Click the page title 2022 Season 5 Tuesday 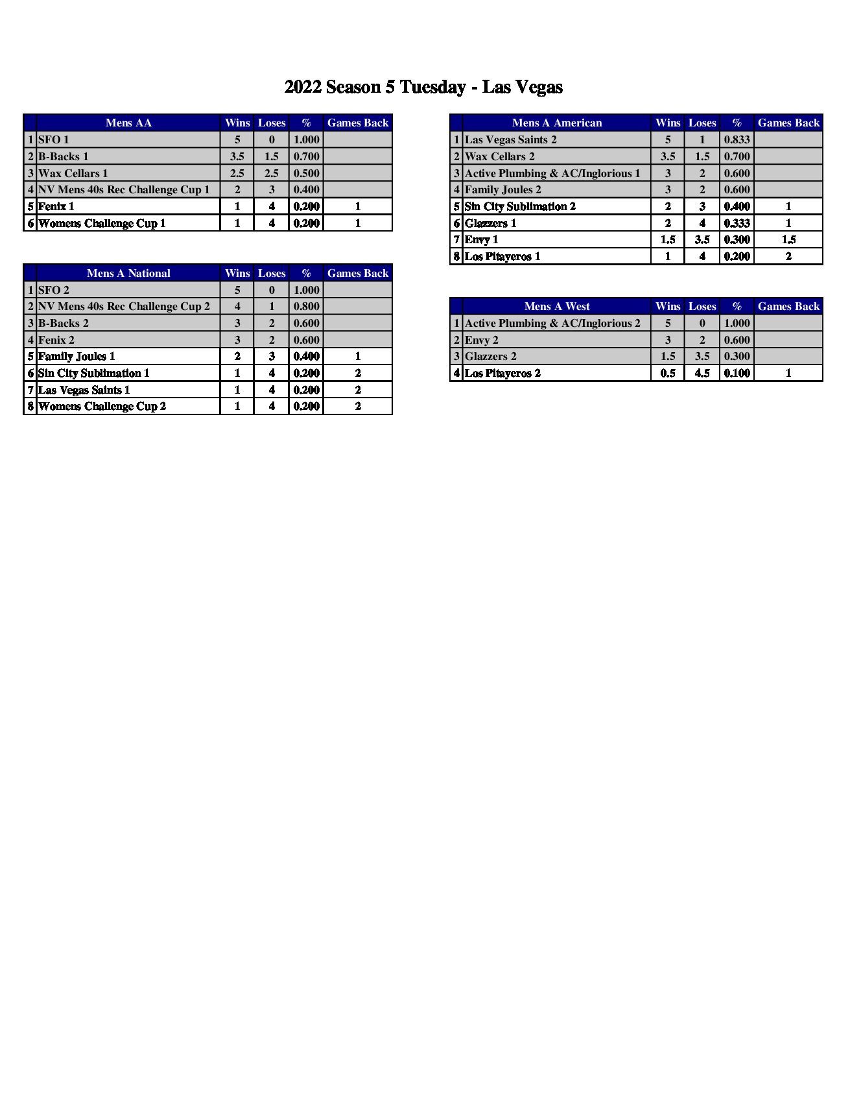pos(423,87)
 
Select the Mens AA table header pos(128,123)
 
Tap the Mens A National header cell pos(128,273)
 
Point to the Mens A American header pos(556,123)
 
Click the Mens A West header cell pos(556,306)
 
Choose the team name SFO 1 pos(54,139)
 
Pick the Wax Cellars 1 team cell pos(73,173)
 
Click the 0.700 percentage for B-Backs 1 pos(306,156)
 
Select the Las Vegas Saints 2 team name pos(511,139)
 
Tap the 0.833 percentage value pos(737,139)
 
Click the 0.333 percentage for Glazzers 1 pos(737,223)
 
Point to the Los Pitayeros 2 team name pos(502,373)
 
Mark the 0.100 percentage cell pos(737,373)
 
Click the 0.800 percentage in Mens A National pos(306,306)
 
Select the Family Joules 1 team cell pos(77,356)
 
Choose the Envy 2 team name pos(482,340)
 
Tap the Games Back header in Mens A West pos(788,306)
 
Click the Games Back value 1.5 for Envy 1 pos(788,239)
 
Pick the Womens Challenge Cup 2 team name pos(102,406)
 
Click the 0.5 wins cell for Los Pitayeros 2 pos(668,373)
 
